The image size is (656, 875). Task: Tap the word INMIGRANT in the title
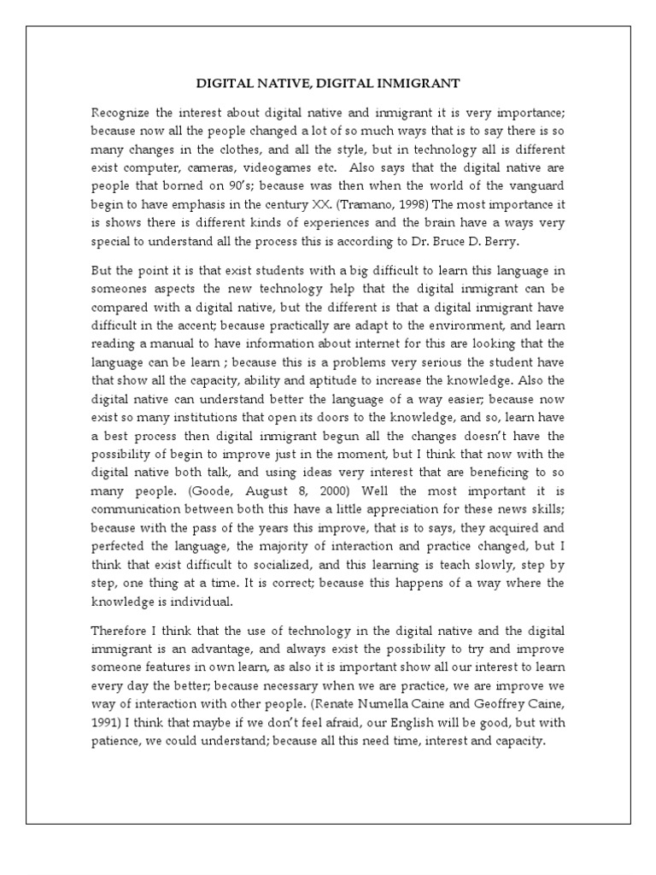click(x=420, y=84)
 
